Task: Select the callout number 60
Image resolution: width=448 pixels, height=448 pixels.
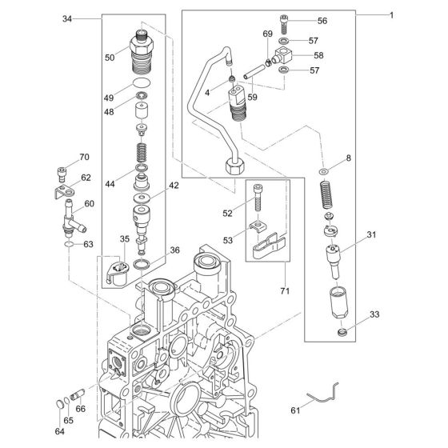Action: [89, 203]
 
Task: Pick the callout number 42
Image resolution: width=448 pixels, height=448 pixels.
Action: [174, 185]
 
